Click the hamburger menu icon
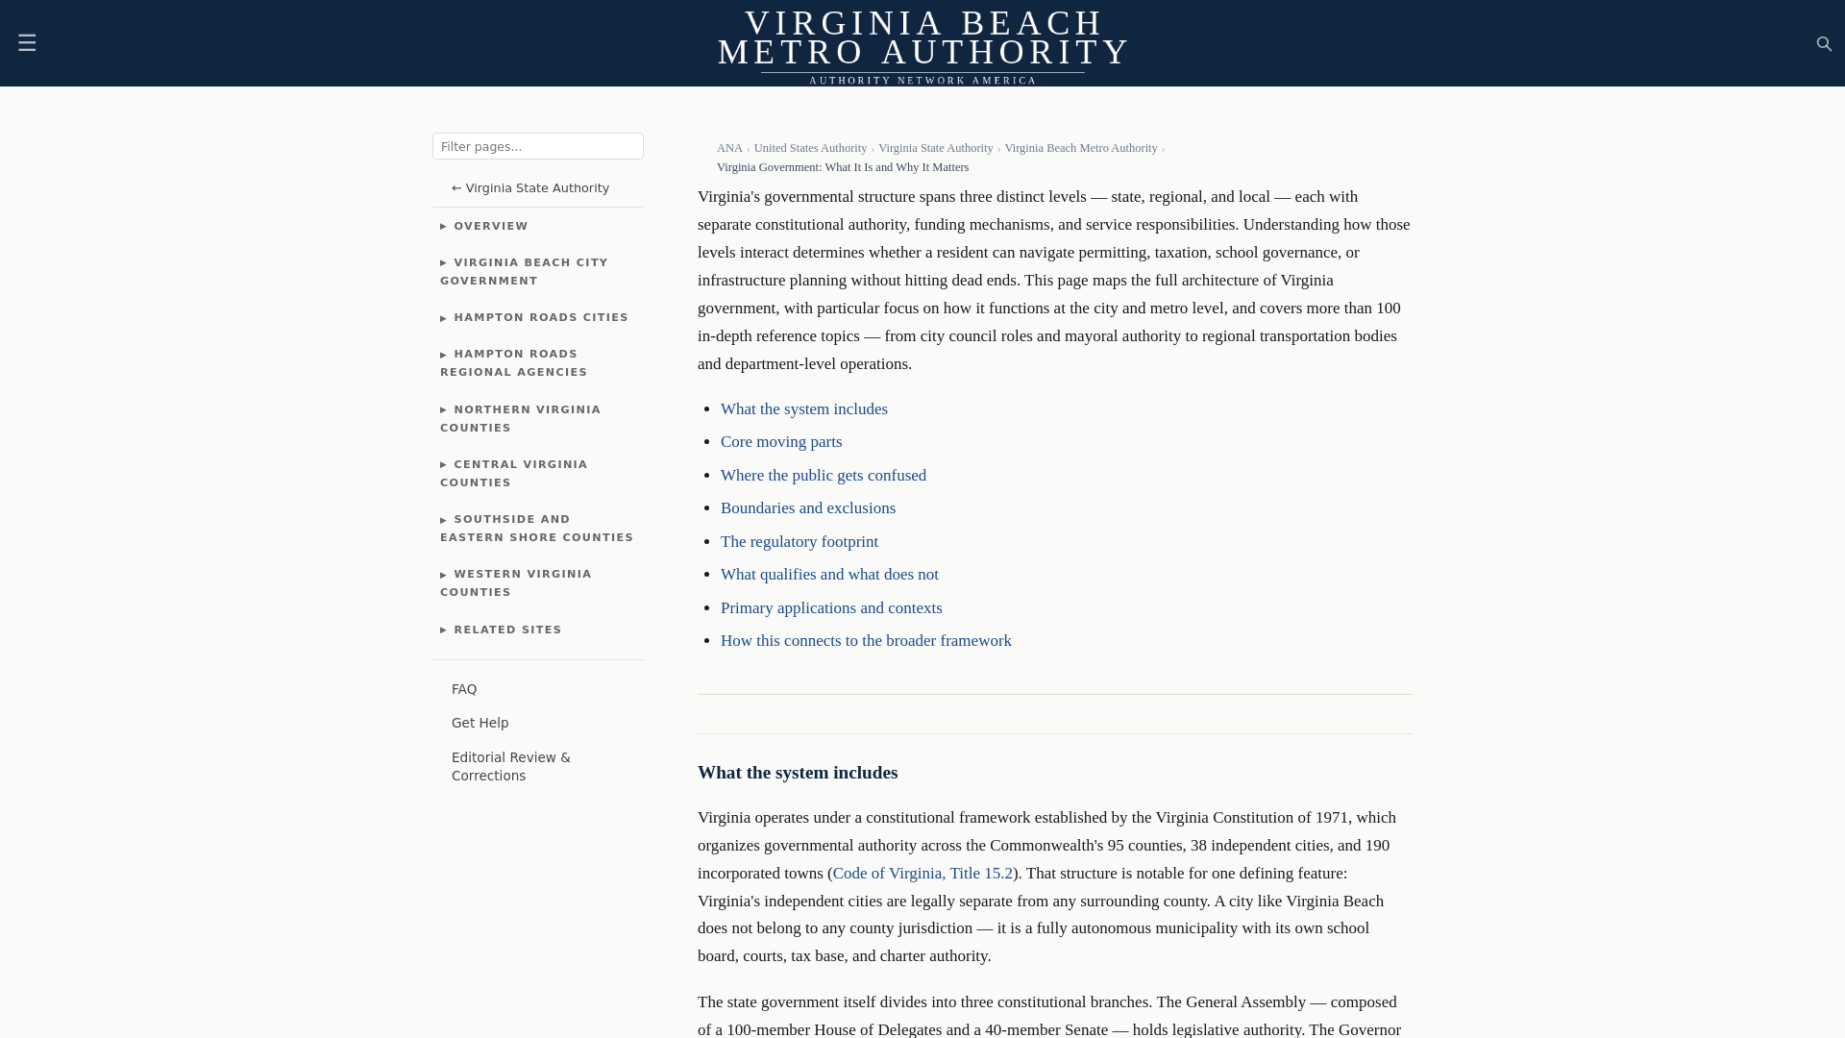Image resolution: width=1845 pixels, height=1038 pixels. pyautogui.click(x=27, y=43)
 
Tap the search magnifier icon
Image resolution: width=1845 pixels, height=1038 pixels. pyautogui.click(x=1824, y=44)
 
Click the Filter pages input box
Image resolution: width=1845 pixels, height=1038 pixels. pyautogui.click(x=537, y=146)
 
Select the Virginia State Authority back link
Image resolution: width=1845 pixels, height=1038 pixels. pyautogui.click(x=530, y=188)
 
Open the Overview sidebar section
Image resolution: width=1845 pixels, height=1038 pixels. pyautogui.click(x=490, y=227)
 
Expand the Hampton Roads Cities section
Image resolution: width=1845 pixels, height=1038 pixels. pyautogui.click(x=540, y=318)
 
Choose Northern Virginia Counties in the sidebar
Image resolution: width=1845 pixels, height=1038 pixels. pyautogui.click(x=520, y=419)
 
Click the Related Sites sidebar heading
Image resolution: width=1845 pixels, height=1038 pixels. pyautogui.click(x=506, y=630)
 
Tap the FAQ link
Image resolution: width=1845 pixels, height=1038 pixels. pyautogui.click(x=464, y=690)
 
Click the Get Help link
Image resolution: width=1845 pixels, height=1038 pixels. pyautogui.click(x=480, y=724)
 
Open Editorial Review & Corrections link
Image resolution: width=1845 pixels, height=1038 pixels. pyautogui.click(x=510, y=767)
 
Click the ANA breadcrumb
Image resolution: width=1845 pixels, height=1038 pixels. pyautogui.click(x=729, y=148)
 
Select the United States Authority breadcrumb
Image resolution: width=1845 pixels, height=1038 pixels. pyautogui.click(x=810, y=148)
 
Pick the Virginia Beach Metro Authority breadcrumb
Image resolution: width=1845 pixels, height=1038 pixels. pyautogui.click(x=1080, y=148)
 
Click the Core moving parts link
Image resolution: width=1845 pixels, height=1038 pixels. pyautogui.click(x=781, y=442)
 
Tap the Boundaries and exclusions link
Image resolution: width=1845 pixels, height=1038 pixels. pyautogui.click(x=807, y=508)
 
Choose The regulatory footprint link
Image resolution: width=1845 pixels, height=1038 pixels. pyautogui.click(x=799, y=542)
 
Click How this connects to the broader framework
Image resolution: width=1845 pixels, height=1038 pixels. pyautogui.click(x=865, y=641)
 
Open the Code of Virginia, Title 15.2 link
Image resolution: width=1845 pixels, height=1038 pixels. pyautogui.click(x=922, y=874)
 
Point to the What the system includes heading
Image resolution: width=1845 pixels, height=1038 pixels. pyautogui.click(x=797, y=773)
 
